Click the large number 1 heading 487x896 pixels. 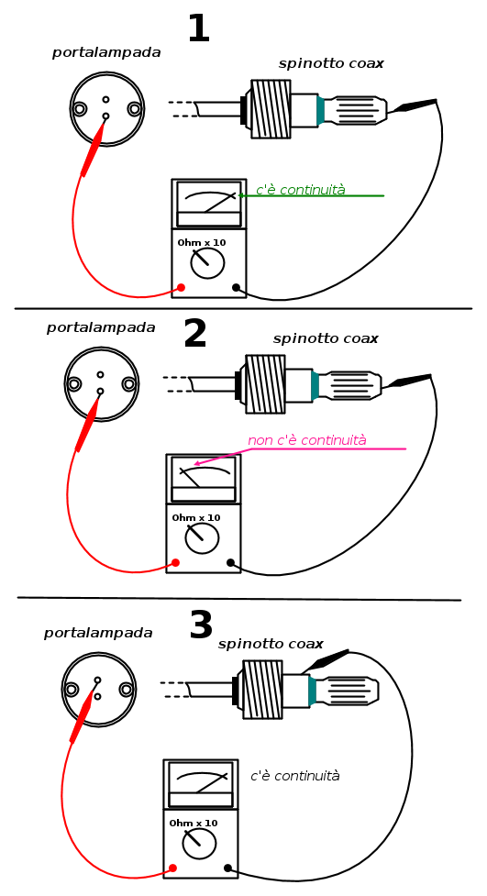[198, 28]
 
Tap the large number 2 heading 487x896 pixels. [195, 335]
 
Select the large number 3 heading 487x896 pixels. [201, 625]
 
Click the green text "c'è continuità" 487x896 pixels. [301, 190]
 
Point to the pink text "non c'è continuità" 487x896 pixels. [307, 440]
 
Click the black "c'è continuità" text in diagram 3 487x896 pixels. [295, 776]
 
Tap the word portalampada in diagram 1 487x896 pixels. [107, 53]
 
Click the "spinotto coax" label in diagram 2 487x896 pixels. [326, 338]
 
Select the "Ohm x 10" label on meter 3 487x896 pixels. [194, 824]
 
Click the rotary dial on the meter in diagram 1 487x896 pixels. [207, 262]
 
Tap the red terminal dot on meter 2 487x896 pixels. [175, 563]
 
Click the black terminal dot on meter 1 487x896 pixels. [236, 287]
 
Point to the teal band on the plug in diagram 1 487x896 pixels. [321, 110]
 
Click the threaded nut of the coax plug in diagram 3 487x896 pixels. [262, 689]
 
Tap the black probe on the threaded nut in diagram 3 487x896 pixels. [325, 661]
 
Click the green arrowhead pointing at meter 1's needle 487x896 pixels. [240, 195]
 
